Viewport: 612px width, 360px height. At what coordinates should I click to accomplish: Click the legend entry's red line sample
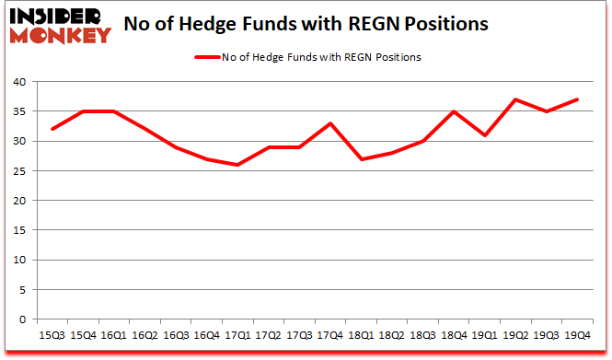206,57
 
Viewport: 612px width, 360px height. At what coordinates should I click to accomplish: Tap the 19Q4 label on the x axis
579,336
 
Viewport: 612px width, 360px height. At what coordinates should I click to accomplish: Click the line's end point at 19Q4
579,99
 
